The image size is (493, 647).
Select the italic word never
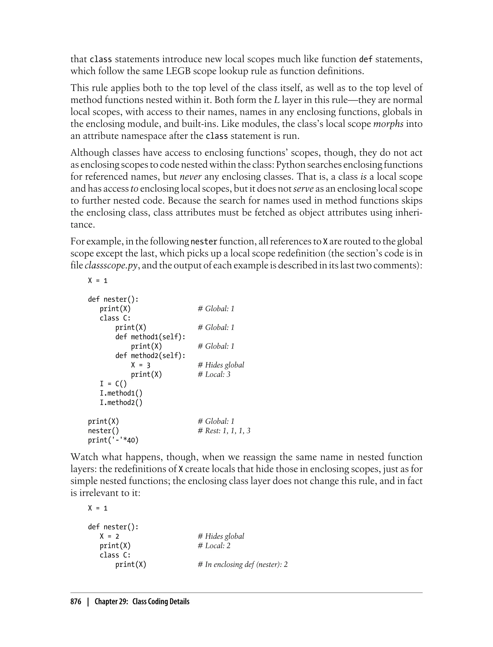(x=190, y=177)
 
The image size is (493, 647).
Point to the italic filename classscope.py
(x=111, y=265)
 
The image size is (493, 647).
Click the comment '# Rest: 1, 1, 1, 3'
(x=224, y=431)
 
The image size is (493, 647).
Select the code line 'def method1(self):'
(x=150, y=337)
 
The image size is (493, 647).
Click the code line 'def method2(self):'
(x=150, y=356)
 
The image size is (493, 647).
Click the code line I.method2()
(x=121, y=403)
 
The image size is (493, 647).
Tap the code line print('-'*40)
(x=113, y=440)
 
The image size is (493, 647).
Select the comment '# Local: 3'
(x=214, y=375)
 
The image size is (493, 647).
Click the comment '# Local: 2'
(x=214, y=546)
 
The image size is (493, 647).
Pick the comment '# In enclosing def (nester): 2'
(x=243, y=564)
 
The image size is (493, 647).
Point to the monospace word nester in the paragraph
(x=204, y=242)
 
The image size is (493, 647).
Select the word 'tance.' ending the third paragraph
(x=83, y=225)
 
